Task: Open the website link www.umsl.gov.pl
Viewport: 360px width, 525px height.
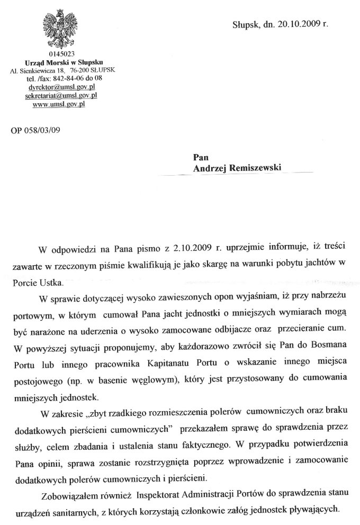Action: tap(59, 104)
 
